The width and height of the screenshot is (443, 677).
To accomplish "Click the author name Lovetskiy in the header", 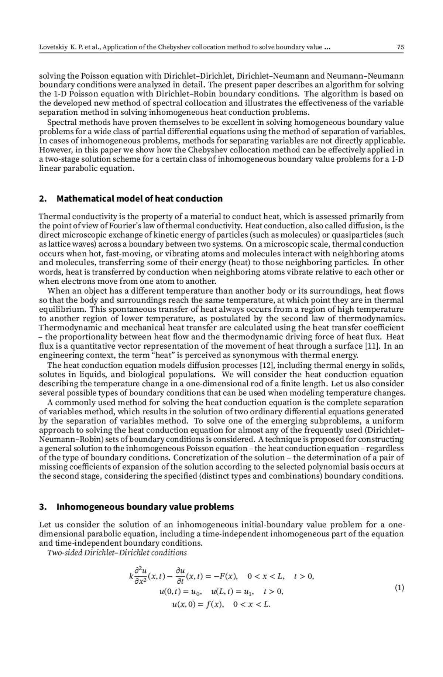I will (52, 47).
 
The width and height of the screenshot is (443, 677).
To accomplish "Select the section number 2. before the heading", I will (43, 199).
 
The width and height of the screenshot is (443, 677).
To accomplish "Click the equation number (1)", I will (399, 588).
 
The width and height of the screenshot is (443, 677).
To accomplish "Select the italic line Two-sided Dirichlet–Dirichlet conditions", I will (117, 553).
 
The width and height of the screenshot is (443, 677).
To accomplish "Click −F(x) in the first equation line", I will (227, 576).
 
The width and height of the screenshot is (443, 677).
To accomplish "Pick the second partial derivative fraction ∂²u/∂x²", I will (140, 576).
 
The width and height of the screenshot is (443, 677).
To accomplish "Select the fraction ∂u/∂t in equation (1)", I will (180, 576).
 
